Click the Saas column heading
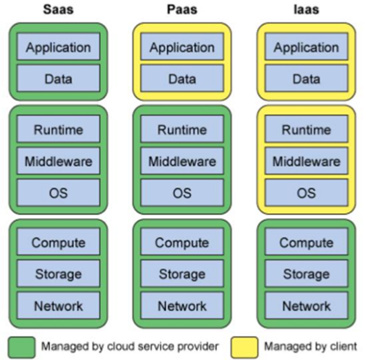pyautogui.click(x=58, y=9)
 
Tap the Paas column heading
pyautogui.click(x=182, y=9)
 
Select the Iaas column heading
pyautogui.click(x=306, y=9)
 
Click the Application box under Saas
pyautogui.click(x=58, y=46)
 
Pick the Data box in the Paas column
pyautogui.click(x=182, y=78)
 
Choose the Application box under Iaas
pyautogui.click(x=306, y=46)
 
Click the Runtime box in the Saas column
pyautogui.click(x=58, y=129)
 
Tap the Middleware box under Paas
pyautogui.click(x=182, y=161)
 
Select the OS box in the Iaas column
pyautogui.click(x=306, y=192)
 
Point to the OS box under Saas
pyautogui.click(x=58, y=192)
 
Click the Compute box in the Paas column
pyautogui.click(x=182, y=242)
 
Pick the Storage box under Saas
pyautogui.click(x=58, y=273)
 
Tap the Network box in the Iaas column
pyautogui.click(x=306, y=305)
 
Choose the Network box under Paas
pyautogui.click(x=182, y=305)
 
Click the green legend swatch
pyautogui.click(x=22, y=347)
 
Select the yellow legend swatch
pyautogui.click(x=244, y=347)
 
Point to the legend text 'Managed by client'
pyautogui.click(x=311, y=346)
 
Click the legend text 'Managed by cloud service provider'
pyautogui.click(x=130, y=346)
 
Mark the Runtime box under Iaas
pyautogui.click(x=306, y=129)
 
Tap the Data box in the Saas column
pyautogui.click(x=58, y=78)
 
